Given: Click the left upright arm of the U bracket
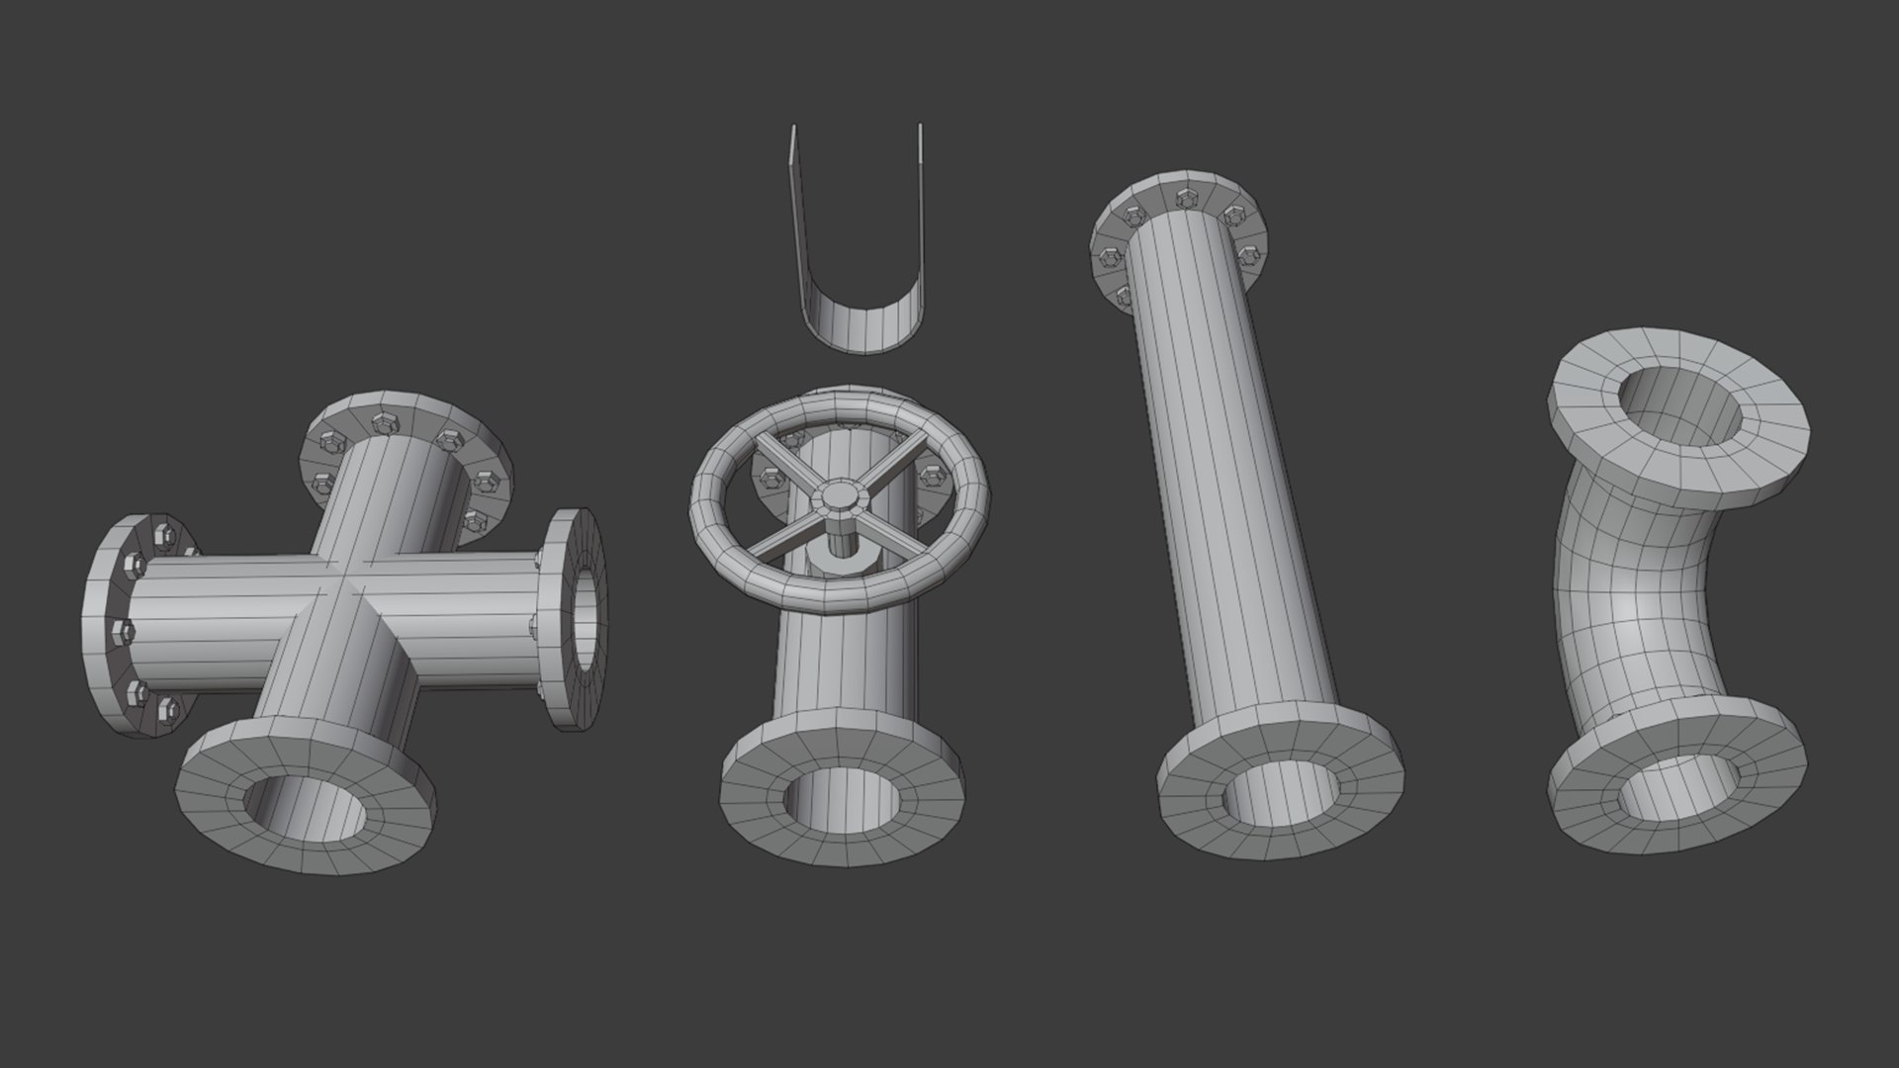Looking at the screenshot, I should pos(795,198).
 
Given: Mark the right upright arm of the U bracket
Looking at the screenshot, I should pos(919,198).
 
